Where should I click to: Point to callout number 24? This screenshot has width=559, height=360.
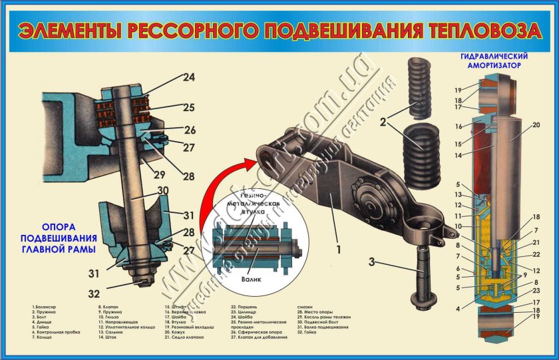(189, 77)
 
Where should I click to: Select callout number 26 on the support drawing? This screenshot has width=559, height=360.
(189, 130)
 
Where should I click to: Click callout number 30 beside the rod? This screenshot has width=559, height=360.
(162, 190)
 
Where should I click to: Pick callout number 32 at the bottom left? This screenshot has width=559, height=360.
(96, 293)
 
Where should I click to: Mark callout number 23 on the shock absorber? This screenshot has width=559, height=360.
(536, 290)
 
